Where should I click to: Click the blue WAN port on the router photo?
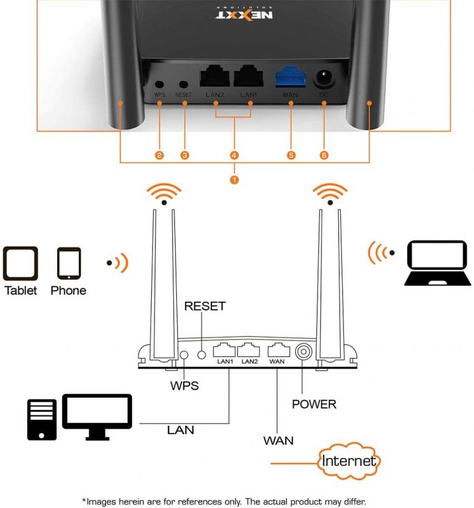pyautogui.click(x=291, y=77)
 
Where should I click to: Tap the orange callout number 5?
pyautogui.click(x=291, y=155)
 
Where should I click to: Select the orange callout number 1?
pyautogui.click(x=234, y=180)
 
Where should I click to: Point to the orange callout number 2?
pyautogui.click(x=159, y=155)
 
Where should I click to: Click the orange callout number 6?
pyautogui.click(x=324, y=155)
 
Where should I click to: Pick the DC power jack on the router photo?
pyautogui.click(x=324, y=78)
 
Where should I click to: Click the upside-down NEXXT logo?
pyautogui.click(x=244, y=13)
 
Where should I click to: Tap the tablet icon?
pyautogui.click(x=20, y=264)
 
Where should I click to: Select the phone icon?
pyautogui.click(x=69, y=264)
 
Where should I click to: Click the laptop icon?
pyautogui.click(x=437, y=263)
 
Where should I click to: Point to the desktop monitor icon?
pyautogui.click(x=97, y=417)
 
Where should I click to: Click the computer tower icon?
pyautogui.click(x=42, y=420)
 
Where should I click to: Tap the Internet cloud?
pyautogui.click(x=349, y=460)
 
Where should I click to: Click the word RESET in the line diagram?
pyautogui.click(x=204, y=306)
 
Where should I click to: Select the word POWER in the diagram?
pyautogui.click(x=314, y=404)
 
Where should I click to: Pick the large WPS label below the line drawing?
pyautogui.click(x=184, y=385)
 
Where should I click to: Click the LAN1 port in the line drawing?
pyautogui.click(x=224, y=350)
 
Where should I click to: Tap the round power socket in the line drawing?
pyautogui.click(x=303, y=352)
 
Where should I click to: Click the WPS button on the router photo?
pyautogui.click(x=159, y=84)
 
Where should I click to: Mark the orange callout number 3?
pyautogui.click(x=185, y=155)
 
